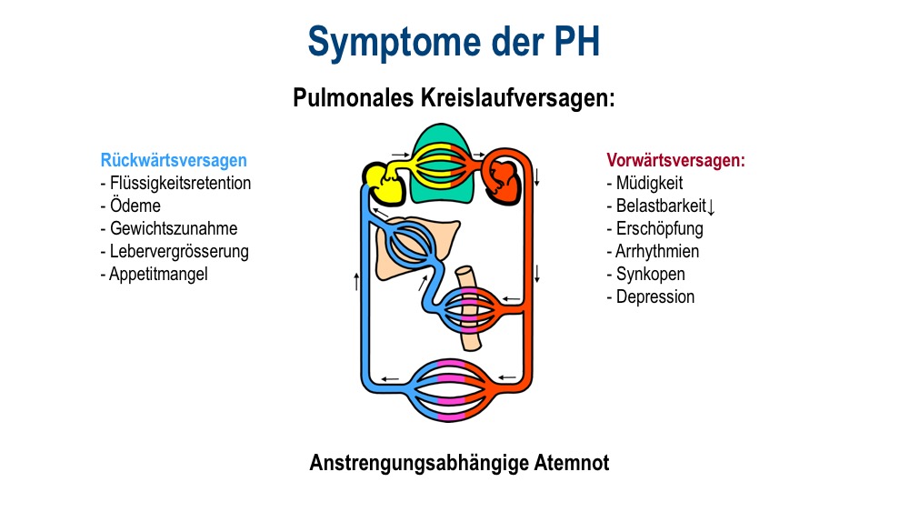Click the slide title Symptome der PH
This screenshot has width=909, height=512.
454,43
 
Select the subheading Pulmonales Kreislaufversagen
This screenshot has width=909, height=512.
454,98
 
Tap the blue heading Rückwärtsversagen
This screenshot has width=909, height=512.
174,160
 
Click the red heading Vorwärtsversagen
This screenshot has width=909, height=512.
675,160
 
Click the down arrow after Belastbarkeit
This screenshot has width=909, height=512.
712,207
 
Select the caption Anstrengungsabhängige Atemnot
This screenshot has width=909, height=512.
459,463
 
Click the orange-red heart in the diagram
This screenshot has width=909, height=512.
503,182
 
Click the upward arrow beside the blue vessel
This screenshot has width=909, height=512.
356,281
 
